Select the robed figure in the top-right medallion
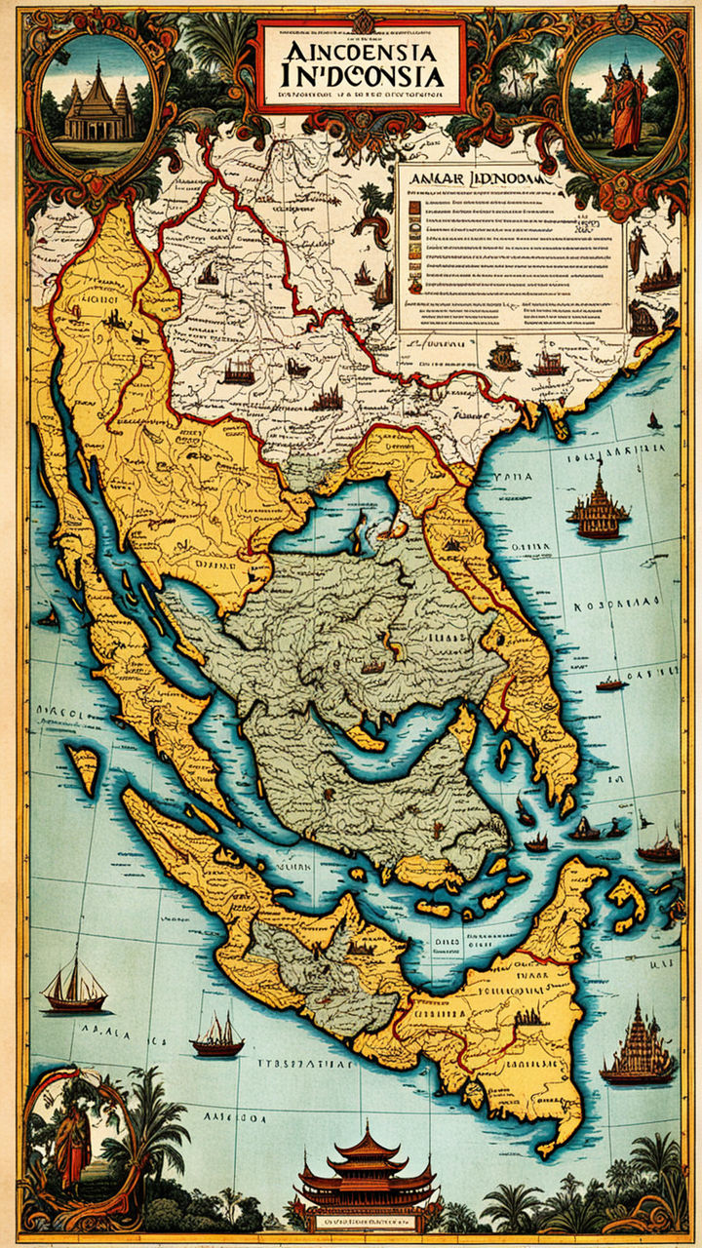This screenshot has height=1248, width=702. [x=627, y=105]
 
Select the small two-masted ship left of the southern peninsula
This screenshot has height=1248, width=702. [x=217, y=1035]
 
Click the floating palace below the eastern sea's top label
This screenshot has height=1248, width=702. [x=599, y=507]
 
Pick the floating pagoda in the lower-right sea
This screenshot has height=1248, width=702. [x=639, y=1048]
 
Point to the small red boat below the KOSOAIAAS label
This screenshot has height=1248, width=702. [x=611, y=684]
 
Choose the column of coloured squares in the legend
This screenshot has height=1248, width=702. [x=413, y=244]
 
